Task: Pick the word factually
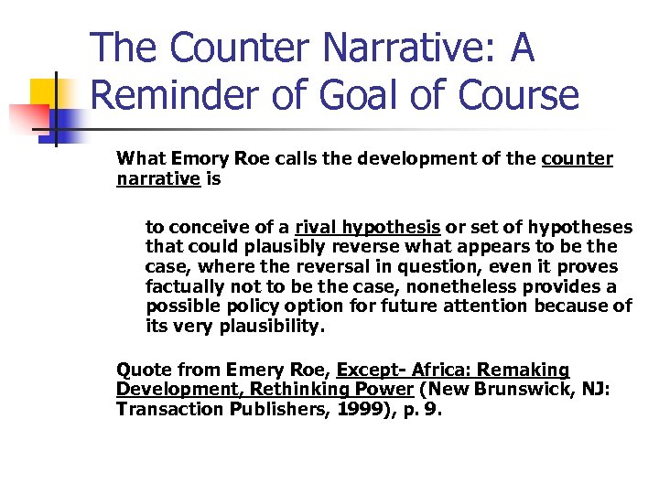coord(184,287)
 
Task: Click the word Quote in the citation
coord(142,370)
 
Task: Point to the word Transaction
coord(166,410)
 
